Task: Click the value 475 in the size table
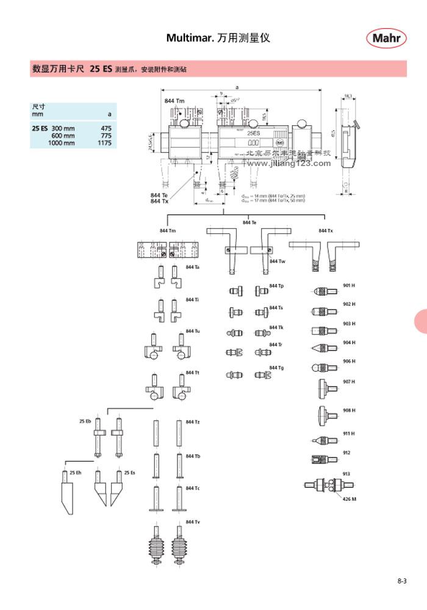click(x=106, y=128)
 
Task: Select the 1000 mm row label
click(x=63, y=143)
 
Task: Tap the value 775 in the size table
click(x=106, y=136)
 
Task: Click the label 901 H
click(x=350, y=285)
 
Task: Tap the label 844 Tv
click(x=193, y=522)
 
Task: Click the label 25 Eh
click(x=75, y=472)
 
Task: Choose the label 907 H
click(x=350, y=382)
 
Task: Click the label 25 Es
click(x=130, y=472)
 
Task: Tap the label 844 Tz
click(x=193, y=422)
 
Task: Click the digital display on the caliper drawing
click(x=255, y=142)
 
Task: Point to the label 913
click(x=346, y=473)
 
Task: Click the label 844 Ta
click(x=193, y=267)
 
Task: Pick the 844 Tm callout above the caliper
click(x=174, y=100)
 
